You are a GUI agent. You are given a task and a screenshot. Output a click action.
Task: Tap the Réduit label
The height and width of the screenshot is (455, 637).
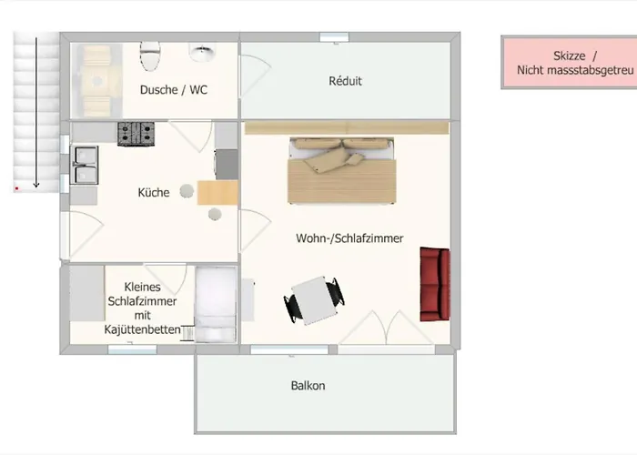coord(345,81)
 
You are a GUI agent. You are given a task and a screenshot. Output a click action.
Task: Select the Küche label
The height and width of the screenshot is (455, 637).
coord(154,193)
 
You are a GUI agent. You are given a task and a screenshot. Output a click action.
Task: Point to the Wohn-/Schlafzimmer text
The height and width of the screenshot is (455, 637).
coord(349,238)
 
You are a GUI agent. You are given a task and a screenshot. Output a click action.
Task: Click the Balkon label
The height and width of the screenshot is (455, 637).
coord(308,386)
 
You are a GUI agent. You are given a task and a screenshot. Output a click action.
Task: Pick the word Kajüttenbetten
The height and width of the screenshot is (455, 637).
coord(142,329)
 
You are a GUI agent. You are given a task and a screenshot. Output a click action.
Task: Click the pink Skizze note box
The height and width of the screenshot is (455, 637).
coord(569,62)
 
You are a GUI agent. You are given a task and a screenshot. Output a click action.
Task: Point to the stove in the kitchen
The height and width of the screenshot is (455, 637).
coord(135,133)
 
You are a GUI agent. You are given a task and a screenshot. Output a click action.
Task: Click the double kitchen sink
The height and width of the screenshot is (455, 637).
coord(86,166)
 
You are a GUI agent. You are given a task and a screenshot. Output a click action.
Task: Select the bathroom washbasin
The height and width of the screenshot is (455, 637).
coord(201,53)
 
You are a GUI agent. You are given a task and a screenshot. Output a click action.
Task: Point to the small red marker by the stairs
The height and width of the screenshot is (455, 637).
coord(16,188)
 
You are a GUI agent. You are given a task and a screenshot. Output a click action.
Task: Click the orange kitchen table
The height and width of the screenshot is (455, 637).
coord(217,192)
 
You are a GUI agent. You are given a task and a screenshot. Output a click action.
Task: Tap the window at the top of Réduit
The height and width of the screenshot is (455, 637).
coord(334,36)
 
